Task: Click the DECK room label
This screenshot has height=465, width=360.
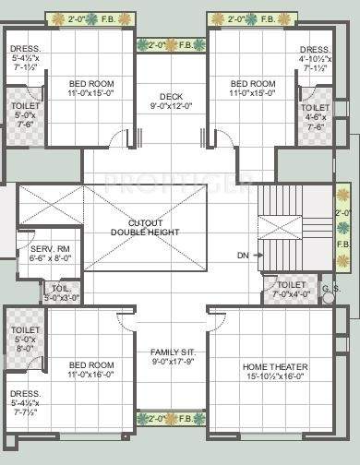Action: pos(170,95)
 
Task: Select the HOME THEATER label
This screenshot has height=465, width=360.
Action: pos(275,366)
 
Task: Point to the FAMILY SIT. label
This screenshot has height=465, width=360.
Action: pos(170,352)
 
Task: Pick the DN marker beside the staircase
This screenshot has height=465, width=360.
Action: pos(243,255)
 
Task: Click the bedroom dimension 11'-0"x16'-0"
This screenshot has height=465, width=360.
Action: pos(90,375)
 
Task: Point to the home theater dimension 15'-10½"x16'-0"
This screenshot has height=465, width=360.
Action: pos(275,376)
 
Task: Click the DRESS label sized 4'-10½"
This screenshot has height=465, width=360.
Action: pos(314,58)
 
